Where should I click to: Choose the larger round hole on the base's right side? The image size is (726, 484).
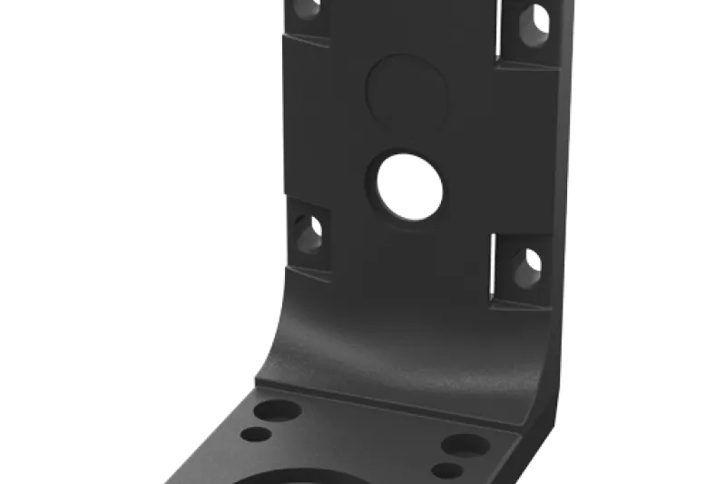pos(464,445)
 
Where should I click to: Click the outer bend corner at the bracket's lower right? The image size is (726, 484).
pos(545,427)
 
